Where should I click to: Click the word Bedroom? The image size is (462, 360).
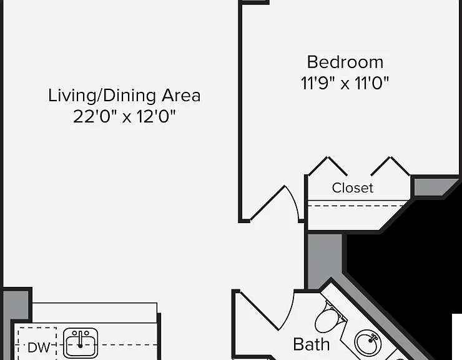pos(345,62)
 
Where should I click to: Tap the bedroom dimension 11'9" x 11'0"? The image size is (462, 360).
pos(345,83)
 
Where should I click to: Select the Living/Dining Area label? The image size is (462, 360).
pos(124,96)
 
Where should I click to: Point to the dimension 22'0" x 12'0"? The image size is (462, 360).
pos(124,116)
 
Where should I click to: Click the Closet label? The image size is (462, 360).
pos(352,187)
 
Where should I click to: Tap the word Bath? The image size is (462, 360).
pos(312,344)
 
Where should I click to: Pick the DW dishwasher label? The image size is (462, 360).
pos(39,347)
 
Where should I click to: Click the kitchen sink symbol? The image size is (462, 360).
pos(81,343)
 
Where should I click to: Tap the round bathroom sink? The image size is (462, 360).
pos(368,343)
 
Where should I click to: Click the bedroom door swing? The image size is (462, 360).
pos(275,203)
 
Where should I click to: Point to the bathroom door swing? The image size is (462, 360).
pos(266,311)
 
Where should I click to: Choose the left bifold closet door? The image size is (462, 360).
pos(328,166)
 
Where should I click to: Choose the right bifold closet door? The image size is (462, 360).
pos(390,166)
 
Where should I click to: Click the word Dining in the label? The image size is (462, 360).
pos(130,96)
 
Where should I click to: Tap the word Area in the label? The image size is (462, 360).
pos(181,95)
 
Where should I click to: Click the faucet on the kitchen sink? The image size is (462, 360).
pos(80,339)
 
